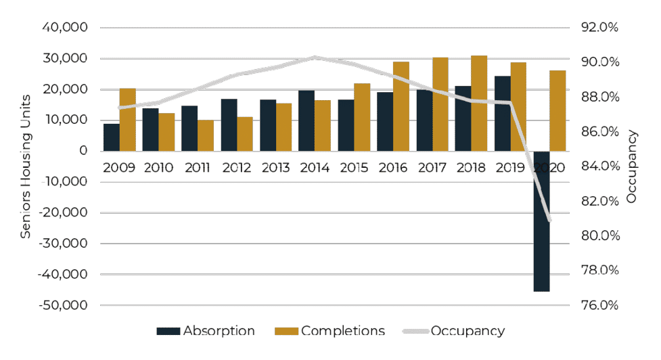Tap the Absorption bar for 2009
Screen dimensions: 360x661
tap(111, 137)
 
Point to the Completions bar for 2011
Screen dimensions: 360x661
tap(206, 135)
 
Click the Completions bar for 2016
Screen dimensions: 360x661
tap(401, 106)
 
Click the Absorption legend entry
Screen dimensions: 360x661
tap(206, 331)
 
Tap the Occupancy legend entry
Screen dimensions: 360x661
tap(453, 331)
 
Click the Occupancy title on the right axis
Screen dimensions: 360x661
tap(632, 166)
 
